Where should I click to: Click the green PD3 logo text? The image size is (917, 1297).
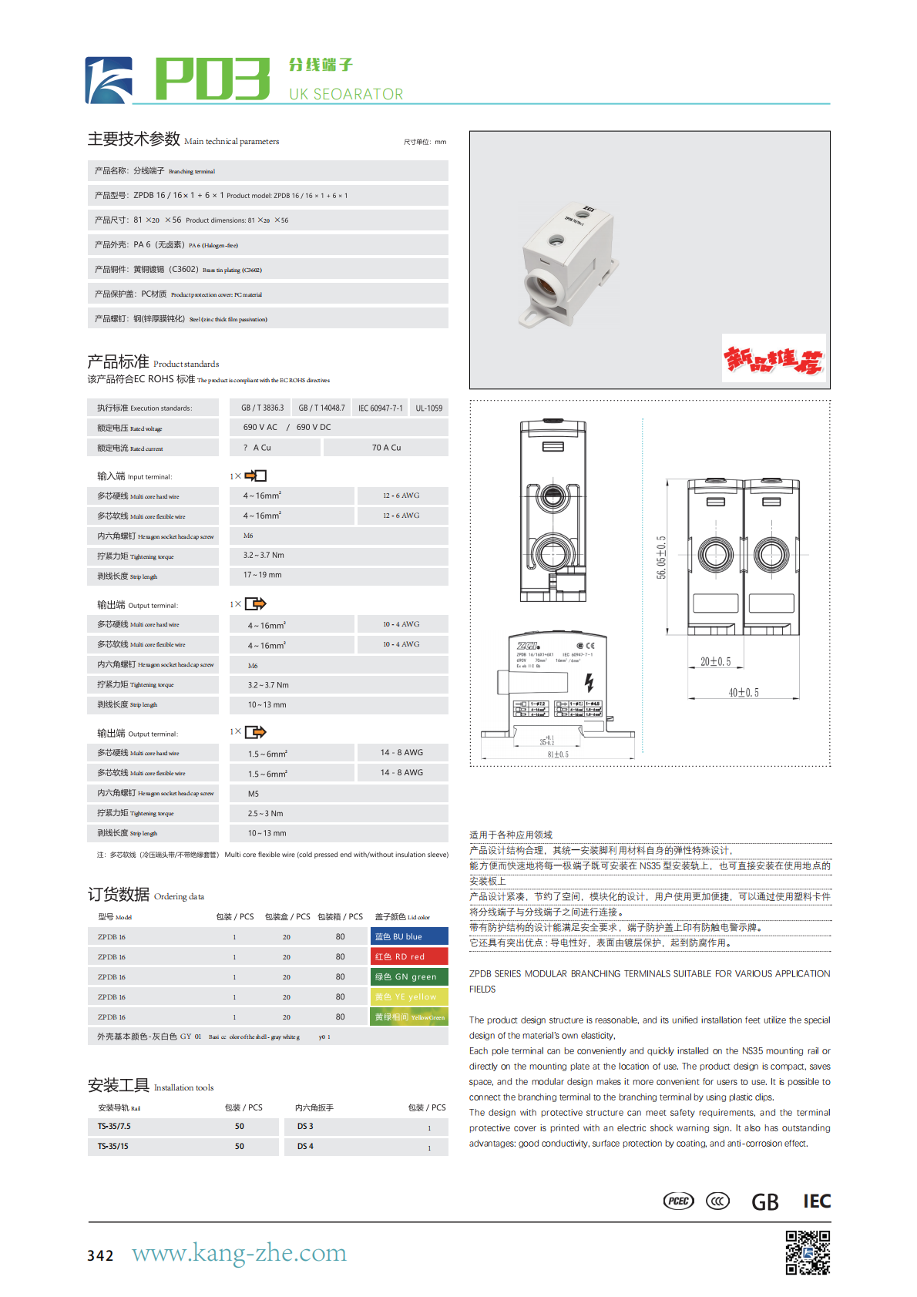(213, 79)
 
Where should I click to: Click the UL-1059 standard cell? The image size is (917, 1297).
(428, 408)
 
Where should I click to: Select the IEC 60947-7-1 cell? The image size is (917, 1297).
(380, 408)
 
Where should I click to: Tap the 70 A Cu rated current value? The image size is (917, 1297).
(386, 448)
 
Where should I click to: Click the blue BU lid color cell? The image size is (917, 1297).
(409, 936)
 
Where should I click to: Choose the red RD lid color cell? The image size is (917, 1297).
(409, 956)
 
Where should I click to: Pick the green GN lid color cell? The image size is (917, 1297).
(409, 976)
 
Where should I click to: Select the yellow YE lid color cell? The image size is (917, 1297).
(409, 996)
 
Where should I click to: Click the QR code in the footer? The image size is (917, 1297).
(808, 1252)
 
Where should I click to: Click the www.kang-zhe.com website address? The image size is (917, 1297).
(239, 1253)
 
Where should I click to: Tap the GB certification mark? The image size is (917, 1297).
(764, 1202)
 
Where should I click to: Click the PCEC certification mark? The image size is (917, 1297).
(679, 1201)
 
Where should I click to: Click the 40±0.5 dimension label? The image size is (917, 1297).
(744, 693)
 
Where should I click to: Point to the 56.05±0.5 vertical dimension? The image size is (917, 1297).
(661, 557)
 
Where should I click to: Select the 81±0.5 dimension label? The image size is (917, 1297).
(558, 754)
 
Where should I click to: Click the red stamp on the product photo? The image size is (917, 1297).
(774, 358)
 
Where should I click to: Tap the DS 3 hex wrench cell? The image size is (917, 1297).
(305, 1127)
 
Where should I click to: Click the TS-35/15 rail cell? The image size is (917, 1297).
(113, 1147)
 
